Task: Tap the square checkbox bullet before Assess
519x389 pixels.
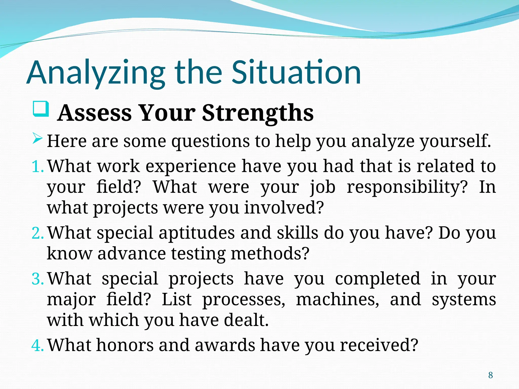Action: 41,109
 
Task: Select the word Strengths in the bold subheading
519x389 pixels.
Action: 258,113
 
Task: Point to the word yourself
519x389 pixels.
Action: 455,141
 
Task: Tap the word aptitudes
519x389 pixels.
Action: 197,233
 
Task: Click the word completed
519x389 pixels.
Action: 377,279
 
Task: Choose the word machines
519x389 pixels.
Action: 337,300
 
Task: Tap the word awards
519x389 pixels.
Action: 225,345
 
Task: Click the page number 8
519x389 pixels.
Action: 490,375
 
